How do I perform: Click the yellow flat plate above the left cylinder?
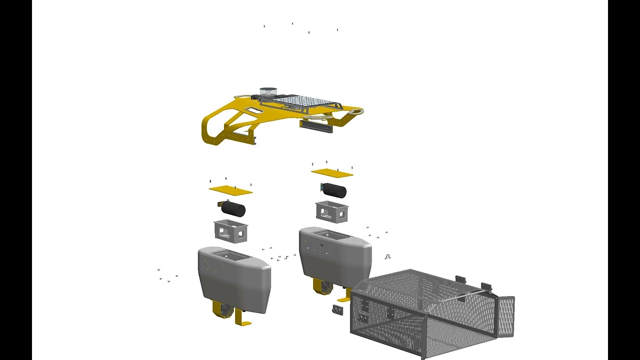(230, 190)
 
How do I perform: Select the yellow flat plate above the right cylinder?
(332, 173)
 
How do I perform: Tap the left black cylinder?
(233, 208)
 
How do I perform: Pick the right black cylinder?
(334, 190)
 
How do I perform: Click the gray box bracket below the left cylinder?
(230, 230)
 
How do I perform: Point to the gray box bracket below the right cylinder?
(331, 211)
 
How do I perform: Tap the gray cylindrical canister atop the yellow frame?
(267, 92)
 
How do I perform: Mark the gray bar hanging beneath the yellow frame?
(316, 126)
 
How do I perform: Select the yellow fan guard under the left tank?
(222, 309)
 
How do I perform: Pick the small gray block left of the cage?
(337, 310)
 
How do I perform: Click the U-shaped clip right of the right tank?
(387, 257)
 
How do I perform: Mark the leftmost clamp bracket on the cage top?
(460, 279)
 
